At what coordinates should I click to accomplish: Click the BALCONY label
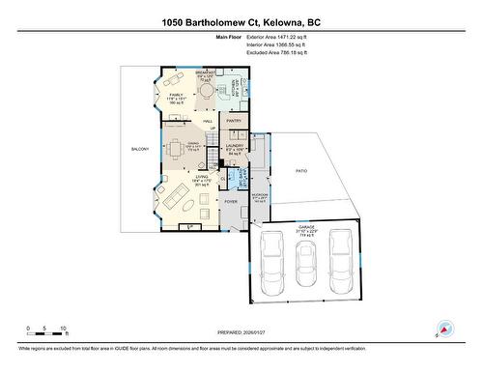pyautogui.click(x=140, y=149)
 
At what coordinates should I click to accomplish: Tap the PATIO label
pyautogui.click(x=301, y=170)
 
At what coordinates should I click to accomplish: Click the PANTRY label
pyautogui.click(x=234, y=121)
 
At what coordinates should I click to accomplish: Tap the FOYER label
pyautogui.click(x=230, y=201)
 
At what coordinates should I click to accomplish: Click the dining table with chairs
pyautogui.click(x=175, y=149)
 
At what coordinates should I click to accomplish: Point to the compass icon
pyautogui.click(x=444, y=330)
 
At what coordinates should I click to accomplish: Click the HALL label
pyautogui.click(x=207, y=121)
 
